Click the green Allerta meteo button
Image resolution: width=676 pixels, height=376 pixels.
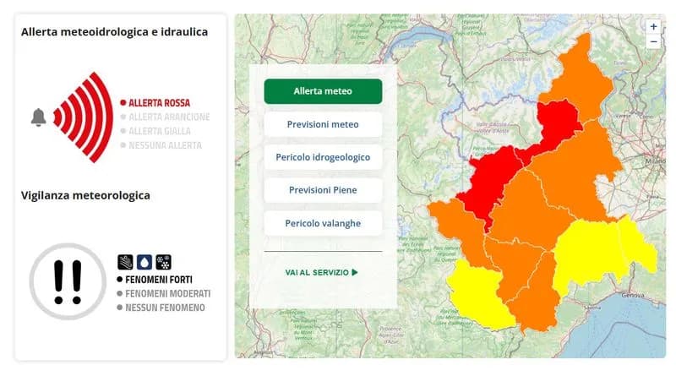pos(323,91)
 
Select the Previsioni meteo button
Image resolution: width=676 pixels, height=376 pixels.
pos(323,124)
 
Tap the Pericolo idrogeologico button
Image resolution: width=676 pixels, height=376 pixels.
pos(323,157)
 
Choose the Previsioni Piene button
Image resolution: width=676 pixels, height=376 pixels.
pos(323,190)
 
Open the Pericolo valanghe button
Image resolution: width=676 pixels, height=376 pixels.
pos(323,223)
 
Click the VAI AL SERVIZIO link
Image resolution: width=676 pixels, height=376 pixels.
pos(321,272)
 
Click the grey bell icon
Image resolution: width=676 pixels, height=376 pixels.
pos(38,117)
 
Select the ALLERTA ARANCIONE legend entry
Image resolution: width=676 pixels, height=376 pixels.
pos(167,117)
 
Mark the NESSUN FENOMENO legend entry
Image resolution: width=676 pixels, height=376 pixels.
pos(165,308)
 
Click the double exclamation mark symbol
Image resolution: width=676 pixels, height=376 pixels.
pos(68,281)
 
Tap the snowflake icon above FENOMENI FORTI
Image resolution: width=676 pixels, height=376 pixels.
pos(165,262)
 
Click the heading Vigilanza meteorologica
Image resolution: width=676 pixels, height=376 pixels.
pos(85,195)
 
